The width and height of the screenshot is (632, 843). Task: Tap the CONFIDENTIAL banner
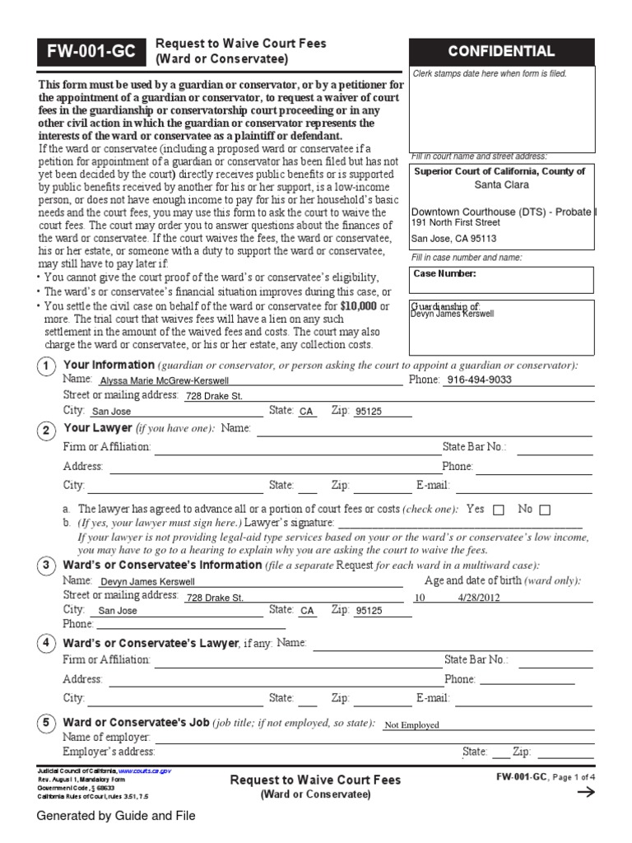point(512,51)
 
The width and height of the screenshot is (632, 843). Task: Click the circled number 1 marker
point(48,366)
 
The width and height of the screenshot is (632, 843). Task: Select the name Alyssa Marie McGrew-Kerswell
point(163,381)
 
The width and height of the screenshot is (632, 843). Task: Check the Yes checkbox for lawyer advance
point(498,510)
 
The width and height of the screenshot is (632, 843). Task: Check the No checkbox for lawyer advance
point(544,510)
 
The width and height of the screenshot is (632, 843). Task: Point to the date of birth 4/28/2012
point(478,598)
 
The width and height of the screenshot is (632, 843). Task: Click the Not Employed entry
point(412,725)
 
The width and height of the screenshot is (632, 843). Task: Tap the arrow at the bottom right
point(586,792)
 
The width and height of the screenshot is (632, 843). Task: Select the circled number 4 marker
point(48,644)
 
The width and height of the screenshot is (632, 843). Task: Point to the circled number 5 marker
point(48,724)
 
